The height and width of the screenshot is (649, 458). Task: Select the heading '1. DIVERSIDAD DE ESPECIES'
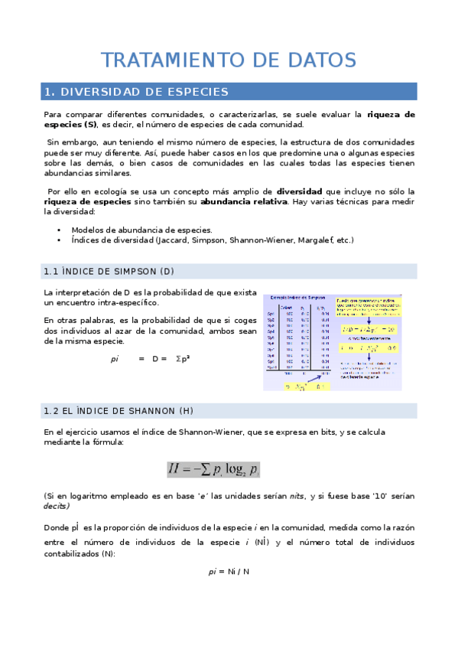pos(137,92)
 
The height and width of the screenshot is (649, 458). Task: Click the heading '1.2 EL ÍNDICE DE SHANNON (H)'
pos(119,411)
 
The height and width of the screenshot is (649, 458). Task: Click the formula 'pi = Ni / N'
pos(229,572)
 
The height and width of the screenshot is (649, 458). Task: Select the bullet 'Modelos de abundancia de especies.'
pos(141,230)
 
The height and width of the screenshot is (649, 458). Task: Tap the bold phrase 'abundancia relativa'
pos(244,201)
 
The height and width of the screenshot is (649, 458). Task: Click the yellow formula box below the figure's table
pos(294,387)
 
